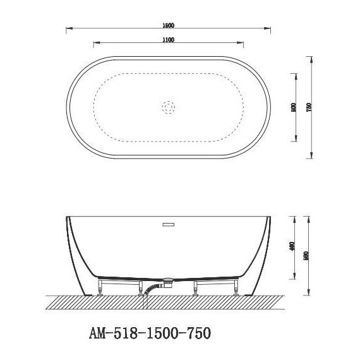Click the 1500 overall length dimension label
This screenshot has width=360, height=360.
pos(167,25)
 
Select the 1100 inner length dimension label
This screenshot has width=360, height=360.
pos(167,40)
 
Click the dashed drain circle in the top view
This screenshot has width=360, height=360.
pos(169,107)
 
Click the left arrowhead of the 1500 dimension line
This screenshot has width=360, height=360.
pos(68,29)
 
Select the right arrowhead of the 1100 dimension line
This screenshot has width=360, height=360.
pos(243,44)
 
